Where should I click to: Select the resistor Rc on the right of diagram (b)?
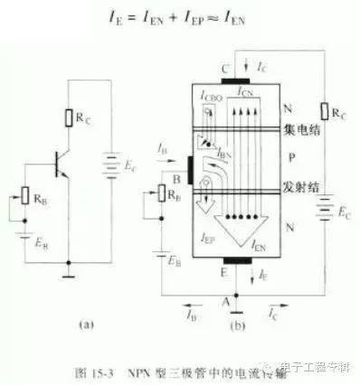[327, 112]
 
